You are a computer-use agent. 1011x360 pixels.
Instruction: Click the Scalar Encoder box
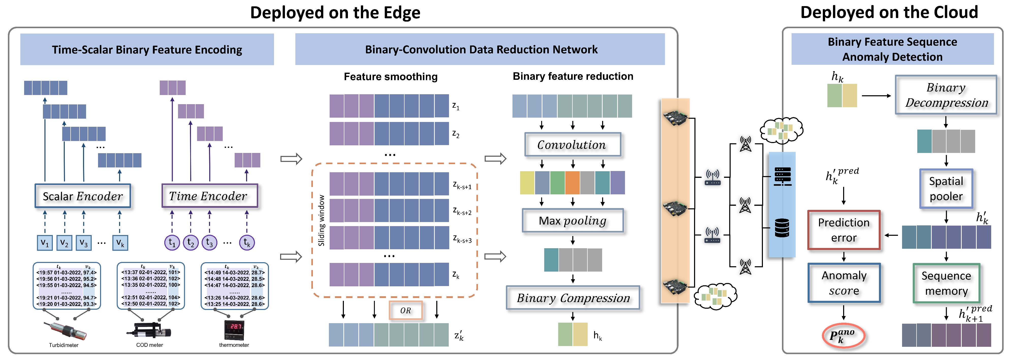click(x=83, y=196)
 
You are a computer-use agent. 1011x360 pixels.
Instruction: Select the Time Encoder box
click(x=209, y=196)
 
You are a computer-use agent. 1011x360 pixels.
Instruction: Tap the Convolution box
click(x=572, y=145)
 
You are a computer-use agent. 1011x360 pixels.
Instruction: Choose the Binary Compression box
click(x=573, y=298)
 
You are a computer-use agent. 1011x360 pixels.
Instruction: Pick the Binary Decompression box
click(x=946, y=95)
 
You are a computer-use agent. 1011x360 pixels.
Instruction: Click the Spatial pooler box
click(x=946, y=189)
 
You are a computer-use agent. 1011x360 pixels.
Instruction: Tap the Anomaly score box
click(x=844, y=283)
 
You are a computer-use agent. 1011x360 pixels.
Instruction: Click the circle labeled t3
click(x=209, y=243)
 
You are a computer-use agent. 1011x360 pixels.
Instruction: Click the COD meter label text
click(x=150, y=345)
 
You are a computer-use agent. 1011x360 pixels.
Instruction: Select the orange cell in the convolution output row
click(x=572, y=183)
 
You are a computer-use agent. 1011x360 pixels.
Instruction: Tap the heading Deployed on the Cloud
click(x=889, y=12)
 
